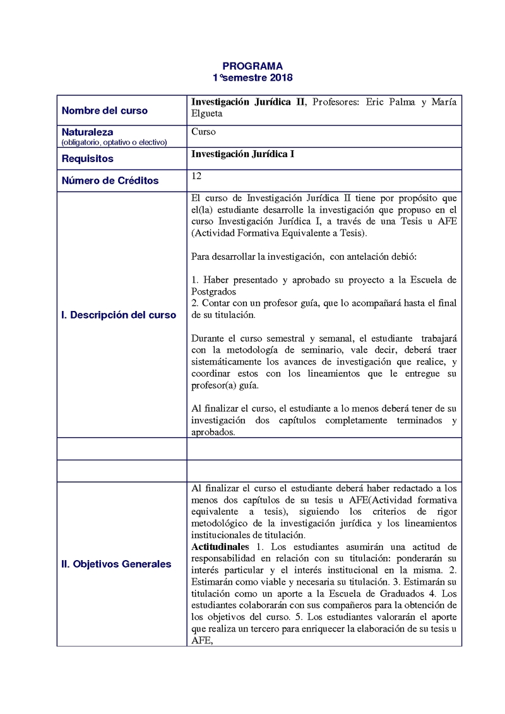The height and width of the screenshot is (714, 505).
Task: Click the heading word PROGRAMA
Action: coord(252,66)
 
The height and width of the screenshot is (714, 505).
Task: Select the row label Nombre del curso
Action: coord(105,110)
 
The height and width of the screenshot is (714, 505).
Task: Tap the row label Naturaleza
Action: coord(87,132)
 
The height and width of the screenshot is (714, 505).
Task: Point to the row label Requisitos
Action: coord(88,159)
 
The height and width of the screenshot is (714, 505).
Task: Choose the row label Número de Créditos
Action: coord(110,180)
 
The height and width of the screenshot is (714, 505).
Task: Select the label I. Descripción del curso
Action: coord(119,315)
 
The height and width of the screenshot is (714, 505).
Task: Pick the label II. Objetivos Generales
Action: coord(116,564)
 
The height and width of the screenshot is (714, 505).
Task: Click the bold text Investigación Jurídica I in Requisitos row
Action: coord(242,154)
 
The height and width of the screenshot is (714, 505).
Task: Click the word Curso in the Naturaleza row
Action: coord(203,132)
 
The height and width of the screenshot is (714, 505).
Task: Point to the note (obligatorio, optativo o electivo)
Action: coord(114,142)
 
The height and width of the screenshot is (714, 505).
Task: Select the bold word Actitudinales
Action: coord(220,546)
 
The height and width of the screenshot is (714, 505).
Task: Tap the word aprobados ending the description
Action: coord(213,432)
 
